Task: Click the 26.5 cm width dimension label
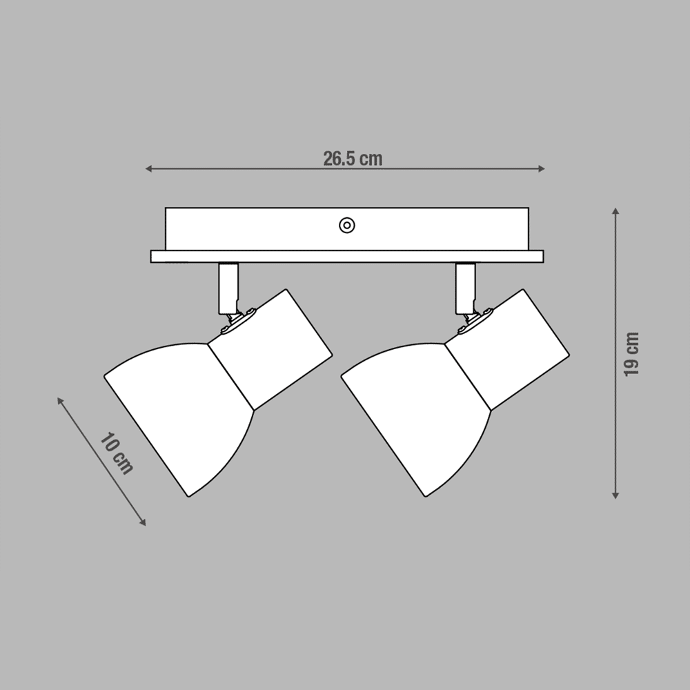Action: click(353, 159)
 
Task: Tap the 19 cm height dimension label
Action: click(631, 354)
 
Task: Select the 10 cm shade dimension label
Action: click(116, 453)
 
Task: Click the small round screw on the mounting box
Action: click(347, 226)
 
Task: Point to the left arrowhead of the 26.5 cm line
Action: click(149, 168)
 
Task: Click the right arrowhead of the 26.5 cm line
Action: click(542, 168)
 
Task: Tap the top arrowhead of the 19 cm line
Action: click(615, 210)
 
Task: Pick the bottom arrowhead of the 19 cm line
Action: click(615, 495)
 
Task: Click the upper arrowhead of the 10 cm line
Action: click(60, 400)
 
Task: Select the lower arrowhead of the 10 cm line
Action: click(143, 522)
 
